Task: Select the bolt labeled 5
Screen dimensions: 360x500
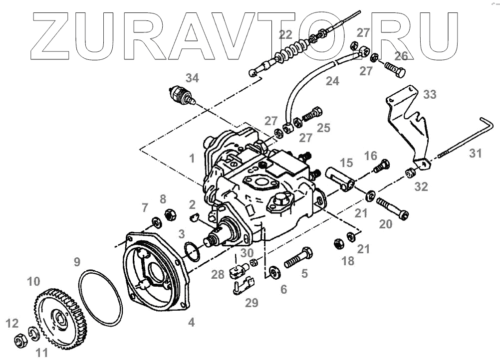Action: pos(298,258)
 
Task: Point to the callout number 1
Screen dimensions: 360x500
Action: pos(192,159)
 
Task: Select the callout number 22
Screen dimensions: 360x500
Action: pos(285,35)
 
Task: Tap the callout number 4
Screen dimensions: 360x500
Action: pos(191,323)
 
